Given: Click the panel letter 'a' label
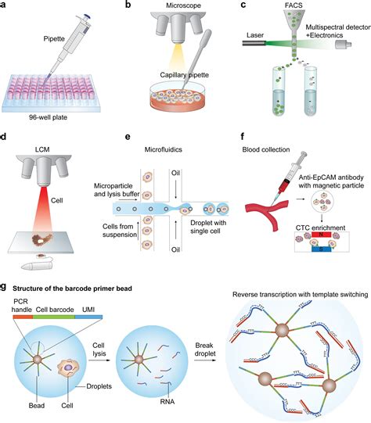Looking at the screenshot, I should point(5,6).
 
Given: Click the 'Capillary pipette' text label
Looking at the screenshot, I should point(184,77).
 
